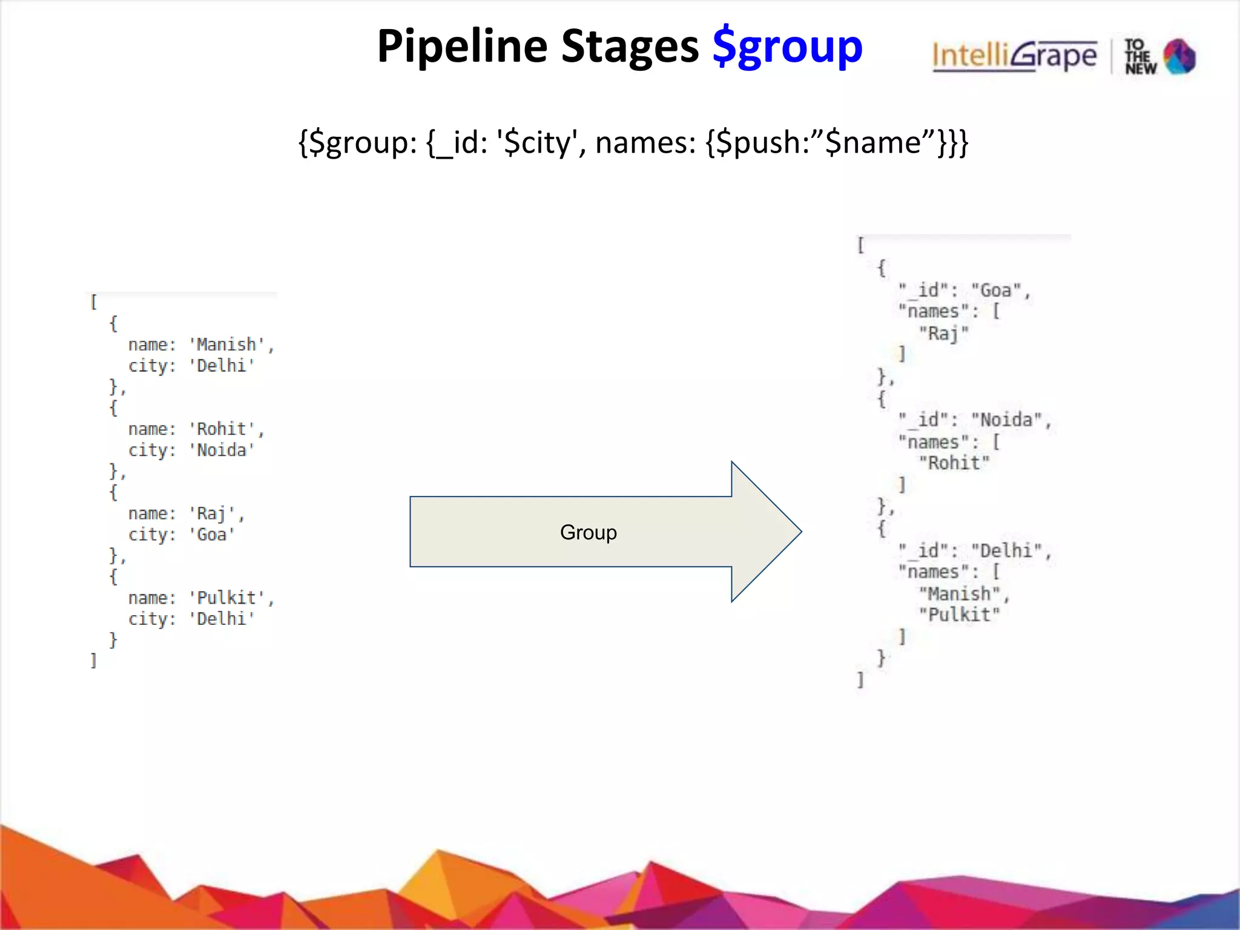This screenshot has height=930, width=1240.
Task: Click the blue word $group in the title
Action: coord(787,47)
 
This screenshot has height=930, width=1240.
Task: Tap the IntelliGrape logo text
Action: coord(1014,56)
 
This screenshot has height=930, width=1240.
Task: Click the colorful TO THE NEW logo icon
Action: coord(1179,57)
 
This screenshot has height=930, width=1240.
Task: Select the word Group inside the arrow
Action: coord(588,532)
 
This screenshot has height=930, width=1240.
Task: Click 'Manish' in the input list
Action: coord(226,345)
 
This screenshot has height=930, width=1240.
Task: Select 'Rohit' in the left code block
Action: coord(222,429)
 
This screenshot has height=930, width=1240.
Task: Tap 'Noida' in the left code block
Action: coord(222,450)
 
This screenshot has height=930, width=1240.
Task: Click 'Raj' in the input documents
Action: coord(211,513)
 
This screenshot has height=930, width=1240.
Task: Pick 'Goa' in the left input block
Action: coord(211,535)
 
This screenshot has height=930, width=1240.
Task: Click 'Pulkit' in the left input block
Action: coord(226,598)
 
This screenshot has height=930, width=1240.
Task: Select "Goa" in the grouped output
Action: coord(995,291)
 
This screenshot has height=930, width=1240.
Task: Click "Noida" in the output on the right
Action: coord(1006,420)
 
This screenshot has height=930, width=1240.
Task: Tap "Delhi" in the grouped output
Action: coord(1006,550)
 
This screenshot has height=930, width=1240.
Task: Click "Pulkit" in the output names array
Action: coord(959,615)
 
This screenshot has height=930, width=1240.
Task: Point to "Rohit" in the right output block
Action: coord(954,463)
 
